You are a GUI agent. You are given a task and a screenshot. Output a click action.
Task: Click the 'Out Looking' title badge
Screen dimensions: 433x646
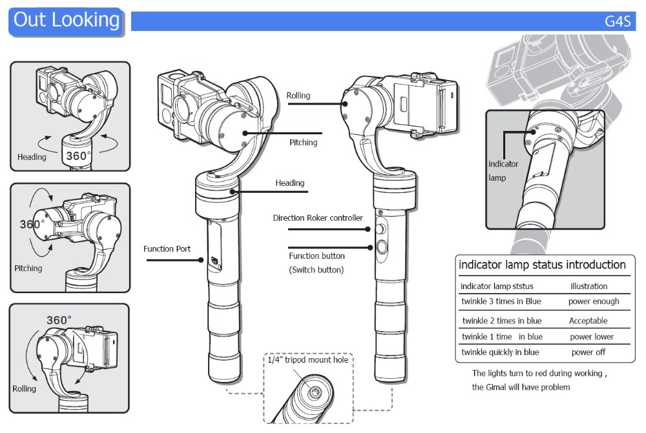coord(67,20)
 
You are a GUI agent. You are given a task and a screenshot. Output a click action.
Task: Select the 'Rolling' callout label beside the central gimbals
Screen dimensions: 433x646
coord(298,96)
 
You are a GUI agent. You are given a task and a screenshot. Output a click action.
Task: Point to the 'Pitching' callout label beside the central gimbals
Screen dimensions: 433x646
coord(303,142)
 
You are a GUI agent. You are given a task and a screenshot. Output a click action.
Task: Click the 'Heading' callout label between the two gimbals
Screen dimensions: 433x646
coord(289,183)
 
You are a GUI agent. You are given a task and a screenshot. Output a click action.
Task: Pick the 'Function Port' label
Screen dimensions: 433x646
coord(167,248)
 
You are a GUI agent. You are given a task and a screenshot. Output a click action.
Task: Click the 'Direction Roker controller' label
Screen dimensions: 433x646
coord(318,218)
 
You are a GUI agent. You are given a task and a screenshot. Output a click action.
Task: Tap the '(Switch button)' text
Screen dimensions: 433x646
coord(316,270)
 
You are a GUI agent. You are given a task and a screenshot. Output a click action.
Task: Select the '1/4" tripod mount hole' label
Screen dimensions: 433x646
coord(308,359)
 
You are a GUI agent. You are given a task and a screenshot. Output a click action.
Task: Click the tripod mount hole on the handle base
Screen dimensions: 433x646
coord(314,392)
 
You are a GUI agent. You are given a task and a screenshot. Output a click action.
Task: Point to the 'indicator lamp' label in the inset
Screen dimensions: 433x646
coord(503,170)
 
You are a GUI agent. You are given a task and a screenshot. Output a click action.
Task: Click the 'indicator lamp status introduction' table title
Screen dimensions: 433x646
coord(542,265)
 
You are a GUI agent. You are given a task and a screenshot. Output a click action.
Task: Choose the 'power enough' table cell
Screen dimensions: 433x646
coord(594,301)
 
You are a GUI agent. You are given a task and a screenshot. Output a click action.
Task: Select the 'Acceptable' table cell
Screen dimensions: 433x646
coord(588,321)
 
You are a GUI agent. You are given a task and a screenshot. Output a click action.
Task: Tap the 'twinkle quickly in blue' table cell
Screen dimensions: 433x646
coord(500,352)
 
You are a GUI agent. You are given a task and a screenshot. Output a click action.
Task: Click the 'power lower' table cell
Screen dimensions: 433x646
coord(592,337)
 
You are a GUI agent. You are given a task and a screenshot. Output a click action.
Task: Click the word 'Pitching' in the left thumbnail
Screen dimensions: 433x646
coord(28,268)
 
